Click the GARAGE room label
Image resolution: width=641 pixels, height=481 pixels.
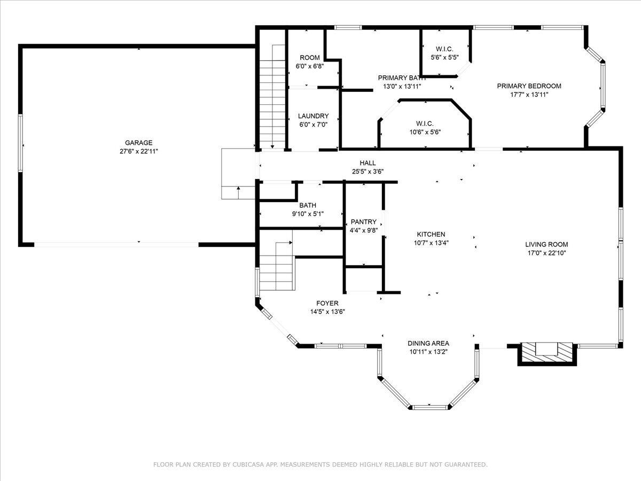click(x=139, y=143)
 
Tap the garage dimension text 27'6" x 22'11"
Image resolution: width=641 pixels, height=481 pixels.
click(x=139, y=151)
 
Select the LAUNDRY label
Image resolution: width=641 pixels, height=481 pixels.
click(x=314, y=116)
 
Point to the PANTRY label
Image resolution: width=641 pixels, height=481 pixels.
click(x=364, y=222)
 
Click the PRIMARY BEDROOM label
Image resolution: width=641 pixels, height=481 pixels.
click(x=529, y=86)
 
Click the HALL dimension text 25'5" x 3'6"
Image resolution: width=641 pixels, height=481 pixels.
click(x=368, y=172)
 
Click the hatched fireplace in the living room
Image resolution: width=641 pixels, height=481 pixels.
click(x=547, y=354)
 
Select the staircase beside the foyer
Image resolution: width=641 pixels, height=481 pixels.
click(x=276, y=266)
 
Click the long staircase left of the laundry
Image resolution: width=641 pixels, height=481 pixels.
click(x=272, y=96)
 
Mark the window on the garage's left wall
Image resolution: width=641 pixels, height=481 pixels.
click(x=20, y=143)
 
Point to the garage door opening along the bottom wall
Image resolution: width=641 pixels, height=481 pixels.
click(x=116, y=245)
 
